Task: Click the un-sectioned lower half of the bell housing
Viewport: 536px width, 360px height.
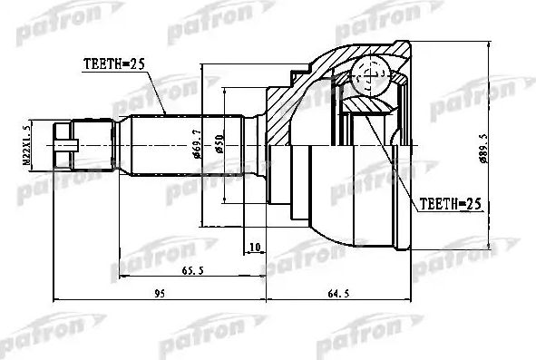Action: [x=354, y=204]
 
